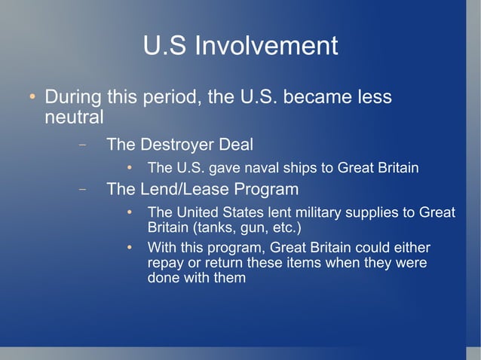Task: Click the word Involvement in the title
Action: point(266,46)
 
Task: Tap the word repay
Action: point(166,263)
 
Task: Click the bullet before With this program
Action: point(130,247)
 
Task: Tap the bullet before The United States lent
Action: point(130,212)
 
